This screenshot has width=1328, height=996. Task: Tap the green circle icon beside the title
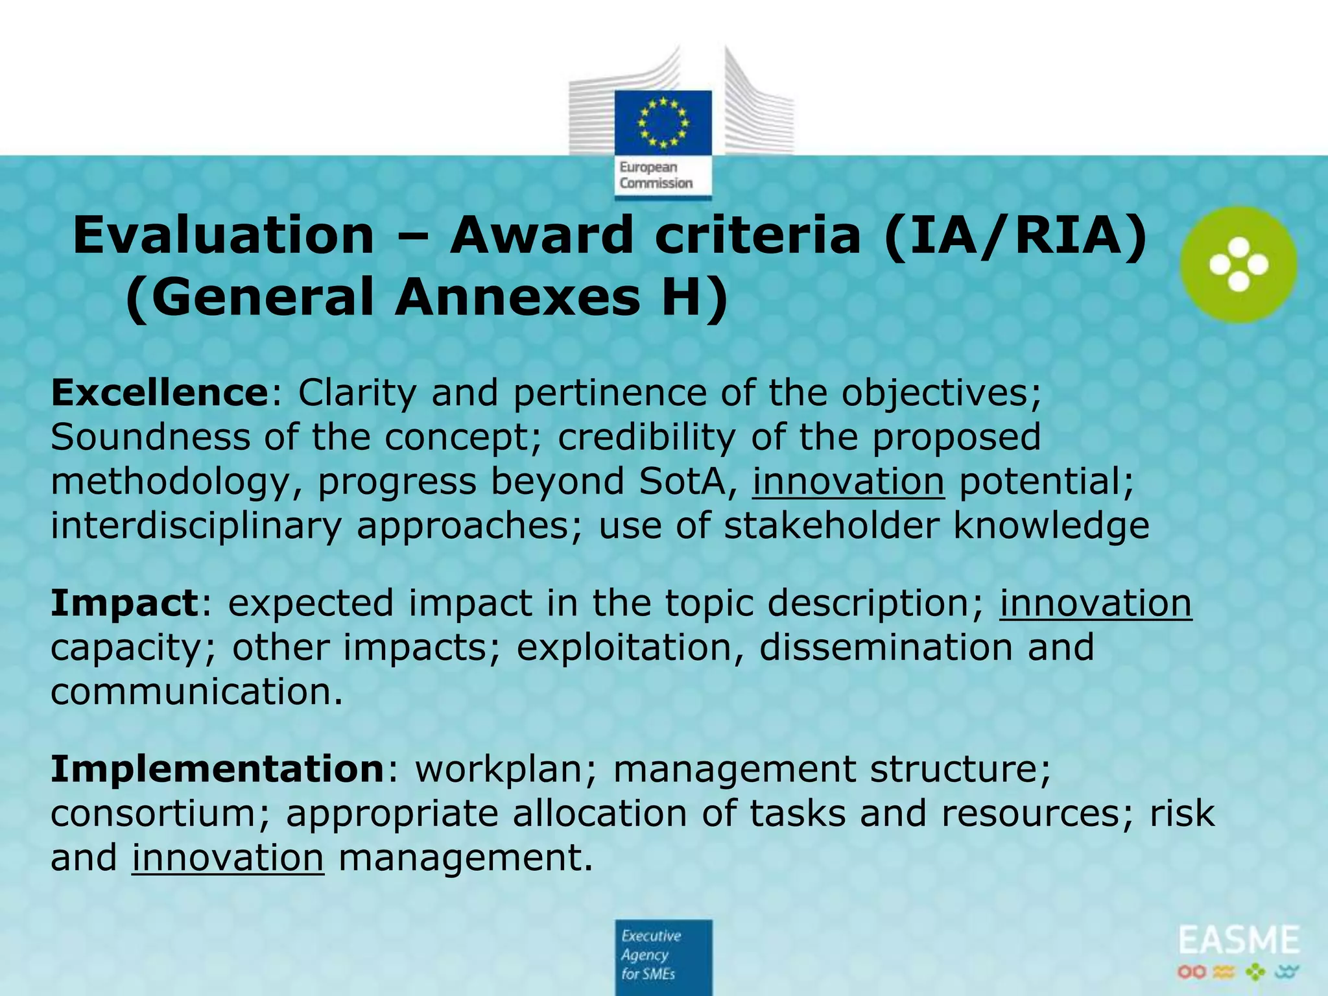pos(1238,264)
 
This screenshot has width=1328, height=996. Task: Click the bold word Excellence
pos(159,393)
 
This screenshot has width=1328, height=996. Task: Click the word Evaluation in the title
pos(223,236)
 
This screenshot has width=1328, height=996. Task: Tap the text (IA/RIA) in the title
pos(1015,236)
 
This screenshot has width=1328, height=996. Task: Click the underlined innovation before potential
pos(848,482)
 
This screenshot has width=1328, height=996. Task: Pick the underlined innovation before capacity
pos(1095,603)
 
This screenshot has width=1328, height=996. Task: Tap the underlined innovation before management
pos(228,857)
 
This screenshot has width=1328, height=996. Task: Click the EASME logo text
pos(1239,941)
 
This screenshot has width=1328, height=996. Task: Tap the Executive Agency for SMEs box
pos(663,955)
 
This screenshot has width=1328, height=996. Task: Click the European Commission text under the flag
pos(656,176)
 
